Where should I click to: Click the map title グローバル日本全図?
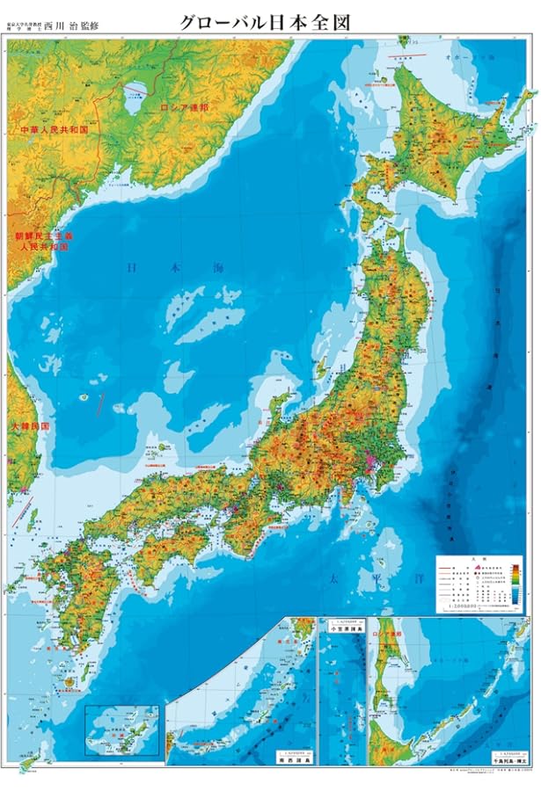pos(265,22)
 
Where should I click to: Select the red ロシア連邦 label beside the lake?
pos(184,107)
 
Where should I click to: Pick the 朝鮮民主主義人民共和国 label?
pos(43,242)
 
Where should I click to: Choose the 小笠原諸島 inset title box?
pos(344,628)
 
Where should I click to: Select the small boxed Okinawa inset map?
pos(121,729)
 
